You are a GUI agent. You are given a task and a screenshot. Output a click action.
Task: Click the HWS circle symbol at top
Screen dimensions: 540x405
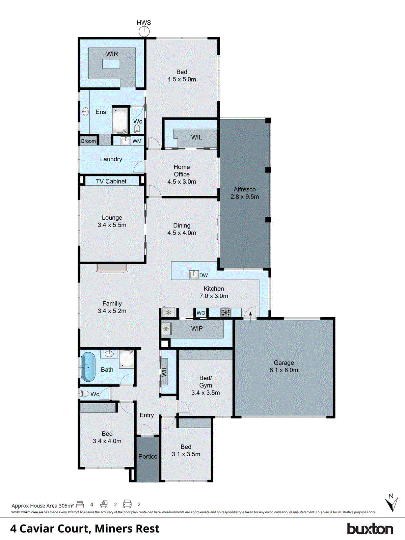click(x=144, y=31)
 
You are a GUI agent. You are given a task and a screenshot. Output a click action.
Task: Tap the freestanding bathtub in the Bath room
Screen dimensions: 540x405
click(x=88, y=367)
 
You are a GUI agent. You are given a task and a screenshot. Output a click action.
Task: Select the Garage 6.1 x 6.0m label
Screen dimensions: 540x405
click(x=283, y=366)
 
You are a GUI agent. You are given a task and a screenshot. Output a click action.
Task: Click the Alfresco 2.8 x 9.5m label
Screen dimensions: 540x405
click(x=245, y=193)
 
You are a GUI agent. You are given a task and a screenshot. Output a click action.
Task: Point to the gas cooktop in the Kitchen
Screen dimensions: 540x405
click(x=226, y=313)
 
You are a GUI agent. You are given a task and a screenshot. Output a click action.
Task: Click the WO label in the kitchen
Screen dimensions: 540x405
click(x=201, y=313)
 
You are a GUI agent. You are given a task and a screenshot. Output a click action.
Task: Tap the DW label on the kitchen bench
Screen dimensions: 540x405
click(x=204, y=275)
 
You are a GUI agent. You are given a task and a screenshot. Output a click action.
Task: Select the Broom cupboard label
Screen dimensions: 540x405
click(x=88, y=141)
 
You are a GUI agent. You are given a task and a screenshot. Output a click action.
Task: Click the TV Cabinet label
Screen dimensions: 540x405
click(x=111, y=181)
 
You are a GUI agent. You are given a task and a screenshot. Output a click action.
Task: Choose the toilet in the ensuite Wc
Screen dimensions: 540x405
click(x=137, y=129)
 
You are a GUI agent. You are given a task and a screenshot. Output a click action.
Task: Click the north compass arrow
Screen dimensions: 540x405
click(x=391, y=503)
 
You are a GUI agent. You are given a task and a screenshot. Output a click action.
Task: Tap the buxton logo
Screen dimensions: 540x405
click(x=370, y=529)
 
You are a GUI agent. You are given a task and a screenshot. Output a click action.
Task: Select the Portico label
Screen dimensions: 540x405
click(x=148, y=456)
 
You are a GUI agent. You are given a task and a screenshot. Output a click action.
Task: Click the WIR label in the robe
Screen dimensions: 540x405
click(x=112, y=54)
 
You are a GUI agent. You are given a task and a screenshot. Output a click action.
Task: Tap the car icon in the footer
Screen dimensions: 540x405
click(x=127, y=504)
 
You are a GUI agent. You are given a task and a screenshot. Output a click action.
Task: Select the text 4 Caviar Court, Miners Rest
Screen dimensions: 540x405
click(x=85, y=529)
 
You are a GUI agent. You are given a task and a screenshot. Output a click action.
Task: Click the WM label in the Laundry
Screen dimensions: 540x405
click(x=137, y=141)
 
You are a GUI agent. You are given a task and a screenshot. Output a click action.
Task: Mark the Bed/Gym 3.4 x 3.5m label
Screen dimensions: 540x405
click(x=206, y=385)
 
